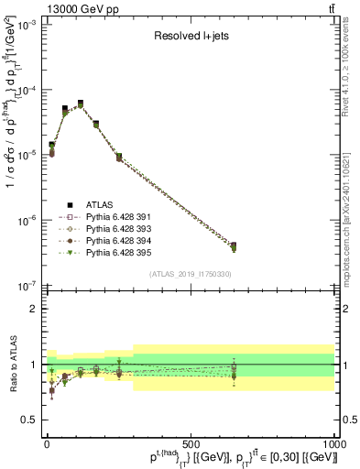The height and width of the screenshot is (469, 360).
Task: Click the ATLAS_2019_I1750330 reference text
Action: pos(190,274)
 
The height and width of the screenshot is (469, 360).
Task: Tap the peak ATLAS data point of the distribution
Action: pos(81,104)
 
